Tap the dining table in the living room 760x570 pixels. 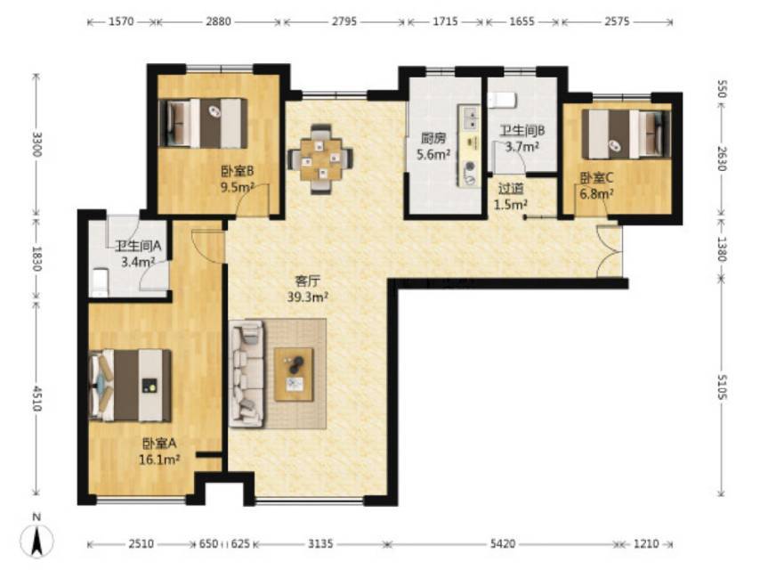pyautogui.click(x=320, y=159)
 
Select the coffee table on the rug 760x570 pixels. pyautogui.click(x=295, y=374)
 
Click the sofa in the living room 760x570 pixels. pyautogui.click(x=247, y=373)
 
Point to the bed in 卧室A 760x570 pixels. pyautogui.click(x=131, y=386)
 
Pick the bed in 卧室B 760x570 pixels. pyautogui.click(x=203, y=123)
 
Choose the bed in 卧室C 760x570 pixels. pyautogui.click(x=627, y=134)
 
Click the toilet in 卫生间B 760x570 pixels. pyautogui.click(x=503, y=101)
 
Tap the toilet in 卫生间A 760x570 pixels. pyautogui.click(x=100, y=281)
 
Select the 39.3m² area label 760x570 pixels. pyautogui.click(x=308, y=297)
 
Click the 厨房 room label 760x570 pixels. pyautogui.click(x=433, y=139)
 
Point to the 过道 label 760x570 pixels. pyautogui.click(x=511, y=188)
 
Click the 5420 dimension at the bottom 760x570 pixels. pyautogui.click(x=503, y=544)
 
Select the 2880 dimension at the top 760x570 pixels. pyautogui.click(x=218, y=21)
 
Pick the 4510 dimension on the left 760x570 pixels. pyautogui.click(x=36, y=398)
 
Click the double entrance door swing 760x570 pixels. pyautogui.click(x=610, y=251)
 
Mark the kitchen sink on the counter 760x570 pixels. pyautogui.click(x=470, y=118)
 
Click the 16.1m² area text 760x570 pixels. pyautogui.click(x=159, y=459)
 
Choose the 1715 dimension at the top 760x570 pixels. pyautogui.click(x=445, y=21)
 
